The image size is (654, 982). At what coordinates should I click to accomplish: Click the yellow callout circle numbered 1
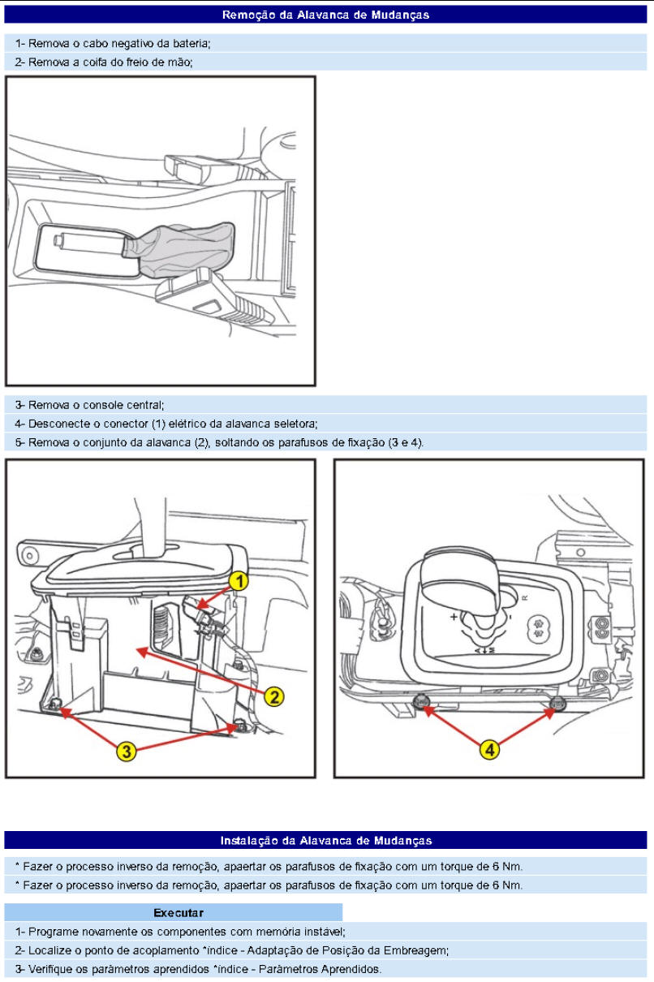pyautogui.click(x=238, y=580)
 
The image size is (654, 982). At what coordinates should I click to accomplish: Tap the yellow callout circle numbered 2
pyautogui.click(x=274, y=696)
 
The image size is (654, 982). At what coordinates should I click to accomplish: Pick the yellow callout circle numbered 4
pyautogui.click(x=488, y=750)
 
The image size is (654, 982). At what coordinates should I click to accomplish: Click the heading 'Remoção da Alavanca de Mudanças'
pyautogui.click(x=326, y=15)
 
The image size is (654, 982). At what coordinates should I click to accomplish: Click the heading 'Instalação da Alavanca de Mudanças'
pyautogui.click(x=326, y=840)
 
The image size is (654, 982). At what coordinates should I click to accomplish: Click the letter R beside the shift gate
pyautogui.click(x=524, y=597)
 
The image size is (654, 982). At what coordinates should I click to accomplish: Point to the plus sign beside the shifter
pyautogui.click(x=454, y=617)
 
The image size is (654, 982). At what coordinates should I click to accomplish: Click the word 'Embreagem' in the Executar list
pyautogui.click(x=421, y=950)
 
